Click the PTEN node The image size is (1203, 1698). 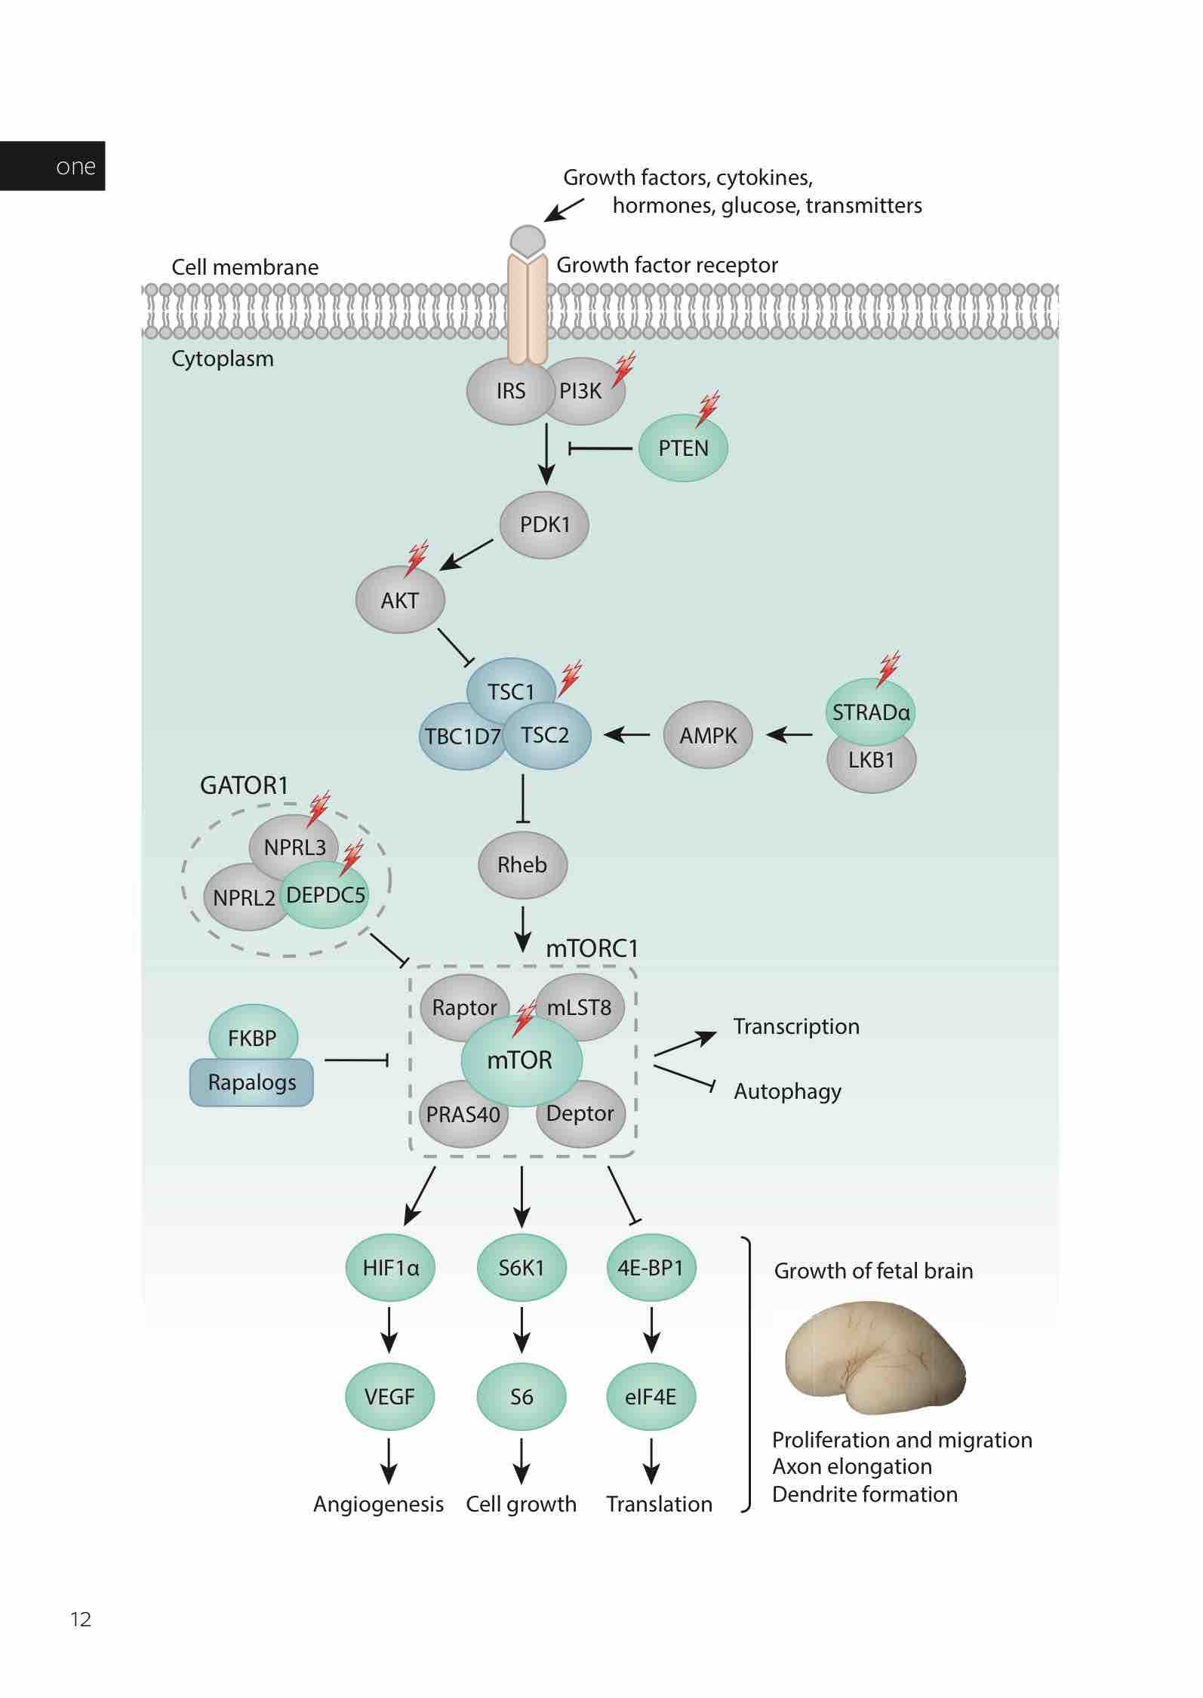coord(682,448)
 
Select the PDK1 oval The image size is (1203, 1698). coord(544,524)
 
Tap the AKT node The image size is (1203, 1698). coord(399,600)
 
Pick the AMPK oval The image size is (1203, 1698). coord(707,735)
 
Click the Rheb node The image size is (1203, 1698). coord(522,865)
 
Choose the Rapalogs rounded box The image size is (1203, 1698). coord(251,1082)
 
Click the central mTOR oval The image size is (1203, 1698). coord(521,1060)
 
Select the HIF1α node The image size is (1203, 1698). coord(389,1267)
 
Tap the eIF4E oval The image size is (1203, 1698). coord(651,1396)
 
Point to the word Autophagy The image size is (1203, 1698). coord(787,1091)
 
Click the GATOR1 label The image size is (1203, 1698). coord(244,786)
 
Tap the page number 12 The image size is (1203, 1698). coord(81,1619)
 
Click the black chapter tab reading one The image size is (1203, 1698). coord(53,166)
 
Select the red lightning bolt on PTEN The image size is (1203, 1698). coord(708,408)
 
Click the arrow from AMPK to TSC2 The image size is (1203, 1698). coord(627,734)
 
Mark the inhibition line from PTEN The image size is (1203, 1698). coord(600,448)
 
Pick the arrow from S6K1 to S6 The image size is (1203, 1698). coord(522,1330)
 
